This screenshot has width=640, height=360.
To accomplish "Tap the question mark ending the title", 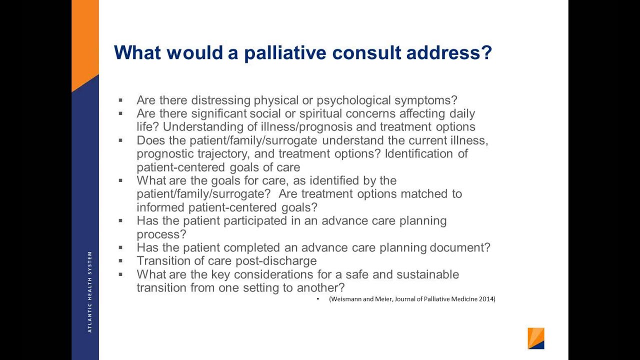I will (486, 53).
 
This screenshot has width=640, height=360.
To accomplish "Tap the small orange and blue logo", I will (535, 338).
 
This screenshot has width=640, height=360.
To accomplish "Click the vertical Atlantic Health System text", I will (90, 291).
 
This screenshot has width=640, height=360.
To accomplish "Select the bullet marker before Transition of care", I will (120, 261).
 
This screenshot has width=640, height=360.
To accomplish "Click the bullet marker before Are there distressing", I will (120, 100).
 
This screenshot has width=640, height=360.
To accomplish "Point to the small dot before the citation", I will (318, 299).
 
